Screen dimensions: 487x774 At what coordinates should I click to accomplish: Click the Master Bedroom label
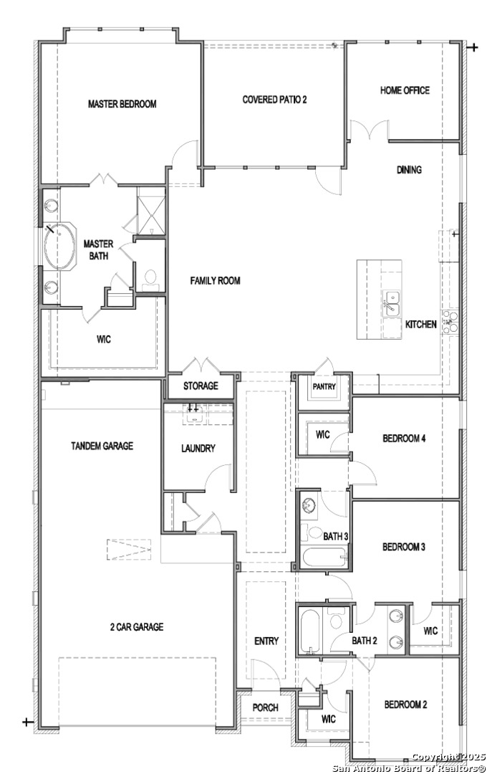[x=122, y=104]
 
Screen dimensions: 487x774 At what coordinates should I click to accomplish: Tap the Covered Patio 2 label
[x=274, y=100]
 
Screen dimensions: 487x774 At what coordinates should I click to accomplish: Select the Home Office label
[x=405, y=90]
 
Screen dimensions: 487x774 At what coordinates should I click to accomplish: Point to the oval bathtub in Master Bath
[x=59, y=247]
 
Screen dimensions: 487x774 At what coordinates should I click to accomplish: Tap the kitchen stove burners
[x=450, y=321]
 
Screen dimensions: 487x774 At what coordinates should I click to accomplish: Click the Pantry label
[x=324, y=387]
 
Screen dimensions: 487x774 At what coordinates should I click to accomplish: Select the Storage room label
[x=201, y=386]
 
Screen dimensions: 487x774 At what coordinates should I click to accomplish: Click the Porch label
[x=266, y=707]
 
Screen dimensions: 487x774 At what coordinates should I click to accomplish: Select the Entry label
[x=266, y=641]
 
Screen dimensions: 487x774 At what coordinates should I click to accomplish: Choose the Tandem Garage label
[x=102, y=446]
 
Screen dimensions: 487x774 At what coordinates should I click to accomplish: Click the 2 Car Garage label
[x=137, y=627]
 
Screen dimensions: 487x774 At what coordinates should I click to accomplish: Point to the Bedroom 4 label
[x=404, y=439]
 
